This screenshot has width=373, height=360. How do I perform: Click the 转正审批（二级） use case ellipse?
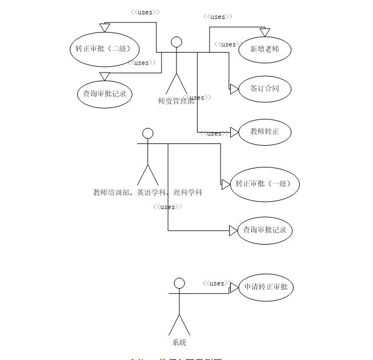coord(103,49)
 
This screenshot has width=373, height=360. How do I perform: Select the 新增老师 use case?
coord(265,49)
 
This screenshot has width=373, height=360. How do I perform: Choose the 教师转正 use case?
coord(265,132)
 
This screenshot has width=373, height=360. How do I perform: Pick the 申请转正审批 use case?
coord(266,287)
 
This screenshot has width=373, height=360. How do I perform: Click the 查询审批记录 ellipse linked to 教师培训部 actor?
coord(264,230)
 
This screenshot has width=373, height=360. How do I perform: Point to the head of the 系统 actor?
coord(179,283)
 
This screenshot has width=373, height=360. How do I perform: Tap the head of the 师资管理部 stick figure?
coord(177,42)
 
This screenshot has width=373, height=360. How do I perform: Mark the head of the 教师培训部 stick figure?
coord(148,134)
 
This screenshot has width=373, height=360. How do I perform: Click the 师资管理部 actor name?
coord(176,101)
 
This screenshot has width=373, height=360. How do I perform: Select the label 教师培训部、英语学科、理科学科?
coord(148,193)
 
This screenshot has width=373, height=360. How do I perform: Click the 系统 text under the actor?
coord(179,343)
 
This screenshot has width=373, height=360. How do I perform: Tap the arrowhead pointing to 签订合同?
coord(234,89)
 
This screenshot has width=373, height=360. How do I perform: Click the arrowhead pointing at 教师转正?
coord(234,132)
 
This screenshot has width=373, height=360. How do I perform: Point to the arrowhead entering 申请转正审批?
coord(234,288)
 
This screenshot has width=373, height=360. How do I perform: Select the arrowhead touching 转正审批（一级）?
coord(224,184)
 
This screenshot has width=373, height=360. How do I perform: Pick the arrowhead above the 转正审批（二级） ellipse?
coord(104,27)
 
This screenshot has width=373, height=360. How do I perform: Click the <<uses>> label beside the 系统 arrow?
coord(216,283)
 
